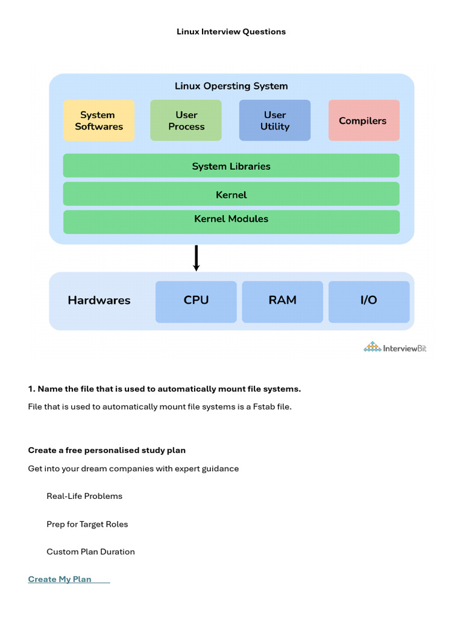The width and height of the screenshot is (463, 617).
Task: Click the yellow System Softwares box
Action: click(99, 121)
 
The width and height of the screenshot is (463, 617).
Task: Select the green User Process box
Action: click(186, 121)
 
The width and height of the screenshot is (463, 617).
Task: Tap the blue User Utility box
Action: click(275, 121)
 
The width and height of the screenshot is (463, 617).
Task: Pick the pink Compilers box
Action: click(364, 121)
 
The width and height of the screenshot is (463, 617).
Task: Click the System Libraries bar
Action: click(231, 166)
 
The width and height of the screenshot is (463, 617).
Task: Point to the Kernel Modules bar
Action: click(231, 222)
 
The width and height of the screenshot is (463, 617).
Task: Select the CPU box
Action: click(196, 302)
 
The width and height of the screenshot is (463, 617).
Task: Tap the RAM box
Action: click(282, 302)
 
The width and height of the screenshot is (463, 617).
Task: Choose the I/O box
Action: click(369, 302)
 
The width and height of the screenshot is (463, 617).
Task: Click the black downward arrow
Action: click(196, 258)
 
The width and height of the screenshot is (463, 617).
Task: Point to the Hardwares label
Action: click(99, 300)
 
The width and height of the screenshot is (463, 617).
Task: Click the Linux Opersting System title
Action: click(231, 86)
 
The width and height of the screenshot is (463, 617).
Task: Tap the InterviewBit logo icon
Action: click(372, 346)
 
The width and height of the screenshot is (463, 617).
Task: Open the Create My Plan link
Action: click(60, 579)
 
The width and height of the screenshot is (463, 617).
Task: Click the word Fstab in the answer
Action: click(263, 407)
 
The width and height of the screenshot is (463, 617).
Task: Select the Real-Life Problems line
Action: click(84, 496)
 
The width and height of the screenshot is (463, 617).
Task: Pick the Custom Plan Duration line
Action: click(90, 552)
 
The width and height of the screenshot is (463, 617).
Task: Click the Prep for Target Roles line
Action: click(87, 524)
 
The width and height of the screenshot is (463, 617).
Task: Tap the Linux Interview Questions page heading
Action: click(231, 31)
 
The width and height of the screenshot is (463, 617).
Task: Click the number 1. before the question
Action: click(31, 389)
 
